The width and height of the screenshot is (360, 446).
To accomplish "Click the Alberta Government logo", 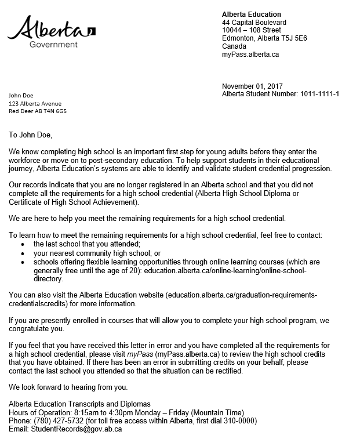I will click(51, 31).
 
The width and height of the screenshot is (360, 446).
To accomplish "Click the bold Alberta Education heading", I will click(251, 14).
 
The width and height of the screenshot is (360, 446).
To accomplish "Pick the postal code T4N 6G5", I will click(56, 111).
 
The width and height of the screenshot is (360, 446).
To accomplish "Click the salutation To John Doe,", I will click(30, 135).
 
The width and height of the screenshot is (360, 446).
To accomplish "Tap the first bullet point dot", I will click(23, 245).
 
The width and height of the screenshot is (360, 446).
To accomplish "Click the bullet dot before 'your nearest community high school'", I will click(23, 253).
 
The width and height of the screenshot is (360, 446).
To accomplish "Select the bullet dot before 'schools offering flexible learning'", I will click(23, 262).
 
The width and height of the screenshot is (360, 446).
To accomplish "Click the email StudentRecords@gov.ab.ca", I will click(76, 429).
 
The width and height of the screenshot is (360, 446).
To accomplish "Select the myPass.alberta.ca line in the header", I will click(250, 55).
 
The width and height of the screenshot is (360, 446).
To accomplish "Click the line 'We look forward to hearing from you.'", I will click(68, 387).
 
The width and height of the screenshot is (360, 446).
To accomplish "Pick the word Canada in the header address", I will click(234, 46).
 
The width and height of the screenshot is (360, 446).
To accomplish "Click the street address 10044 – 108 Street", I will click(252, 31).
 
